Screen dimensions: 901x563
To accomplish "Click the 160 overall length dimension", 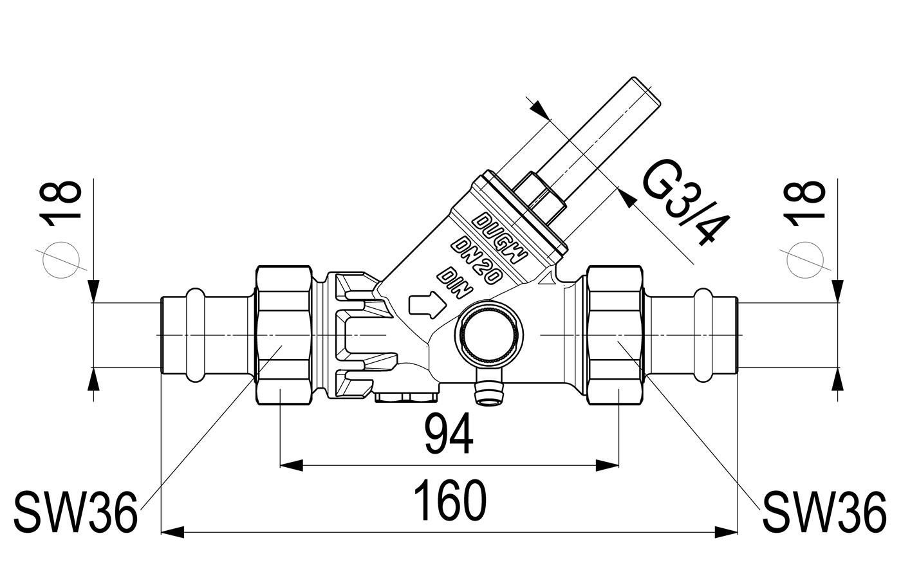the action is (450, 501).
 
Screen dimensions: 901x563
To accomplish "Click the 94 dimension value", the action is (449, 435).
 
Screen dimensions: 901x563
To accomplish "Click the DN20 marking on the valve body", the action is (477, 260).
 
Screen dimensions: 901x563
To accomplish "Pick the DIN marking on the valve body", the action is (456, 282).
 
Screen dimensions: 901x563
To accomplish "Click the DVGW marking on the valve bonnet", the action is (499, 238).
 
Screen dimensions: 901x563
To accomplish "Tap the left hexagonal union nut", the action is (284, 335).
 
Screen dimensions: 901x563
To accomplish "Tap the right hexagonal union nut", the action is (615, 335).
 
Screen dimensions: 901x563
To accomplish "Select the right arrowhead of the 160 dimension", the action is (727, 533).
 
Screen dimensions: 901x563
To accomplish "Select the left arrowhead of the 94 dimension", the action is (291, 465).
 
